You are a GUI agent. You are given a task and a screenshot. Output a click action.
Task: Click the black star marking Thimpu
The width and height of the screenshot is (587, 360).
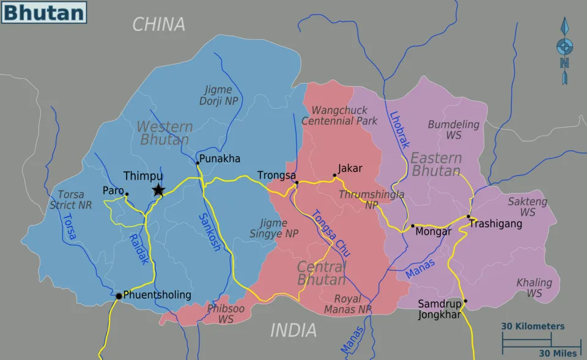[x=158, y=190]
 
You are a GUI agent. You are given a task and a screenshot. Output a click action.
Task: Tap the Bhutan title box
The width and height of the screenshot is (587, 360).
[x=43, y=12]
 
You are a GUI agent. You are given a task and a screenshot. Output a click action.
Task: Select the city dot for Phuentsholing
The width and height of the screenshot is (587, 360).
[x=119, y=296]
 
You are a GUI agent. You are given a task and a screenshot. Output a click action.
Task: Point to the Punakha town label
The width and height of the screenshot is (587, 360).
[x=220, y=159]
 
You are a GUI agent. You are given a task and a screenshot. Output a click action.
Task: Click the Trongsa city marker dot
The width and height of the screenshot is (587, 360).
[x=297, y=182]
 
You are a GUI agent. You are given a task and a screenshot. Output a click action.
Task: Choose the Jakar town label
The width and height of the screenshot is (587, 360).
[x=350, y=168]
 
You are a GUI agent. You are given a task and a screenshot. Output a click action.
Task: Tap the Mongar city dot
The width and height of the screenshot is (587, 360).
[x=412, y=226]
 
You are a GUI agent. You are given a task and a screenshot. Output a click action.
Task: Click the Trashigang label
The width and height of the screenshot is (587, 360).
[x=495, y=224]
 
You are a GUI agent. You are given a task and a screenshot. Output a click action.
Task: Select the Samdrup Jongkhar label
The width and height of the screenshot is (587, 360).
[x=440, y=309]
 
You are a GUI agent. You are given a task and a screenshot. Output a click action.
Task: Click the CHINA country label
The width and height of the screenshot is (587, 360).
[x=159, y=24]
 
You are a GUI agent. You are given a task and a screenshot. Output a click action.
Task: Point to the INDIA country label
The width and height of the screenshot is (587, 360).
[x=293, y=331]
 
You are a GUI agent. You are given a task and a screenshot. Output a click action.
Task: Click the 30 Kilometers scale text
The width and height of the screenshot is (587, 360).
[x=533, y=326]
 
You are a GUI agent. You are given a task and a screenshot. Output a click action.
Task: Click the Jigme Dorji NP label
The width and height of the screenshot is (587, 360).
[x=218, y=95]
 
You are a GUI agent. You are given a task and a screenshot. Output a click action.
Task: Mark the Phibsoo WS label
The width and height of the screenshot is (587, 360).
[x=226, y=314]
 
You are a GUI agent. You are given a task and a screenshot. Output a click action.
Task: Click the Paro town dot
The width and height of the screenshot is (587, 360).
[x=127, y=194]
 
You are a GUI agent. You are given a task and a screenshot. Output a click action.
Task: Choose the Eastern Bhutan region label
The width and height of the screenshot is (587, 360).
[x=436, y=164]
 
